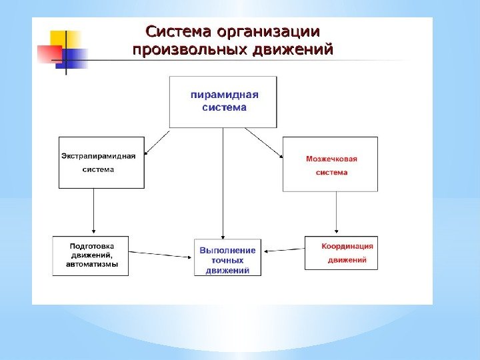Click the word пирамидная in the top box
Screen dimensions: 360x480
pos(225,94)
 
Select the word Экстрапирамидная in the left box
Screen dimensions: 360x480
pos(99,156)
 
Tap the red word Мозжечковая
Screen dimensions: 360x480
pos(332,159)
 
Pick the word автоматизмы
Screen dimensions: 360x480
pos(92,264)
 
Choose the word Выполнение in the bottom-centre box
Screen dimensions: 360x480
pos(227,250)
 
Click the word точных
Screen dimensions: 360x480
pos(227,260)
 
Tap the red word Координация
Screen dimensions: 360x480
pos(347,246)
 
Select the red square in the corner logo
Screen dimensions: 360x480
pos(49,53)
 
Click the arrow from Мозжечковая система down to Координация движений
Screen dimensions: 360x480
pos(337,213)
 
